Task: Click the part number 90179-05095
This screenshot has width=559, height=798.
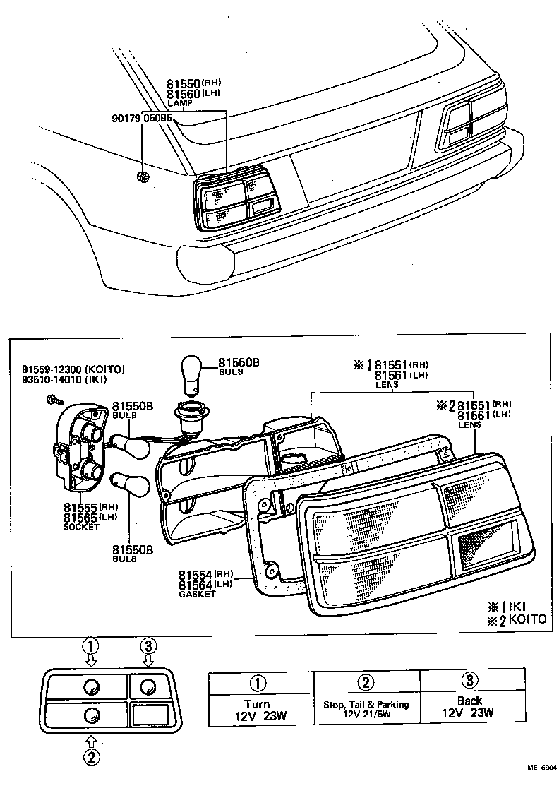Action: point(141,118)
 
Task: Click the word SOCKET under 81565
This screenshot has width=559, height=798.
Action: point(82,528)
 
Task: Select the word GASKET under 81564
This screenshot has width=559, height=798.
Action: point(197,595)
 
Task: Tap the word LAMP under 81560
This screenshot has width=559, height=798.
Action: point(179,103)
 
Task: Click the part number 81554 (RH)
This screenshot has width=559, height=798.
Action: point(205,574)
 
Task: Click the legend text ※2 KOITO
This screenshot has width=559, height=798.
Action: point(518,619)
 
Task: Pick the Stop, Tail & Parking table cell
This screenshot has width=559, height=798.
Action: point(366,708)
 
